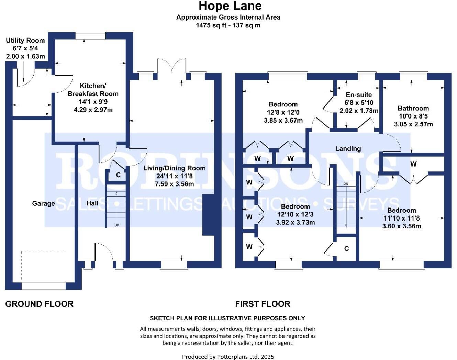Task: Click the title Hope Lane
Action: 230,6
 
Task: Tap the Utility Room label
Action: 25,40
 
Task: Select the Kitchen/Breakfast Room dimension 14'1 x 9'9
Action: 93,102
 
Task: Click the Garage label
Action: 43,203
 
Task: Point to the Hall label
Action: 92,203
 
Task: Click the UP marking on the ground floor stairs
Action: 117,225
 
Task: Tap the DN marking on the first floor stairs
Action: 346,184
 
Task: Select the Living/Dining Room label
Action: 174,168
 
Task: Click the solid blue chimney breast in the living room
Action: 209,215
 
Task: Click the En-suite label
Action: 359,94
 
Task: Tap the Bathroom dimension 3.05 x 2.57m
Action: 413,124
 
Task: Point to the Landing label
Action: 348,149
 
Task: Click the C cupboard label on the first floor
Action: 346,248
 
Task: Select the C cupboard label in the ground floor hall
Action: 118,175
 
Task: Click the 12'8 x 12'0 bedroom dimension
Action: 283,112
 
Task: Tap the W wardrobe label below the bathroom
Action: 413,164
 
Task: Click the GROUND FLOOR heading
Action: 39,304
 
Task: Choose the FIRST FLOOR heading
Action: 263,304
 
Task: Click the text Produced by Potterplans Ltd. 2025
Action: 228,357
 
